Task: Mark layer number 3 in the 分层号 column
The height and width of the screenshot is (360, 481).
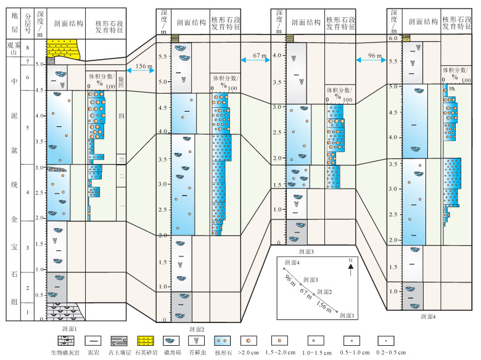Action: point(27,247)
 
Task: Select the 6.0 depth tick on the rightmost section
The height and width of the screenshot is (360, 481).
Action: point(393,38)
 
